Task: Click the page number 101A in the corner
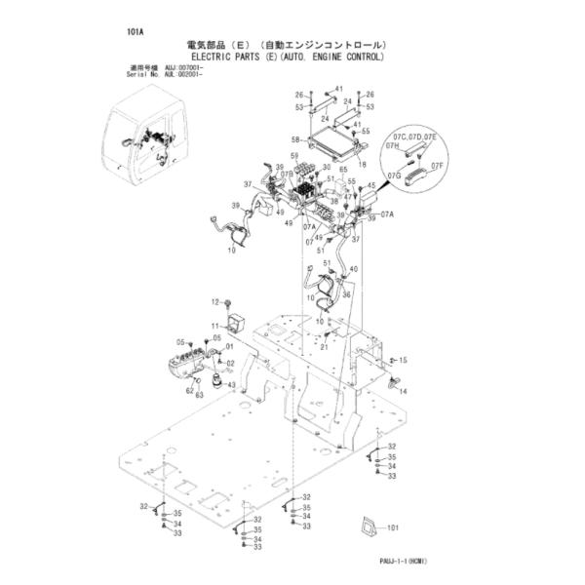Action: pos(136,31)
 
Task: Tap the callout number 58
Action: pos(296,140)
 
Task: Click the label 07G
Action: pos(394,175)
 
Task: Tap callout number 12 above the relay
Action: pos(215,303)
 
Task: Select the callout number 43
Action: pos(231,385)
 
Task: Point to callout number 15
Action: pos(403,361)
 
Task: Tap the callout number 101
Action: pos(393,529)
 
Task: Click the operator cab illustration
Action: pos(146,145)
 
